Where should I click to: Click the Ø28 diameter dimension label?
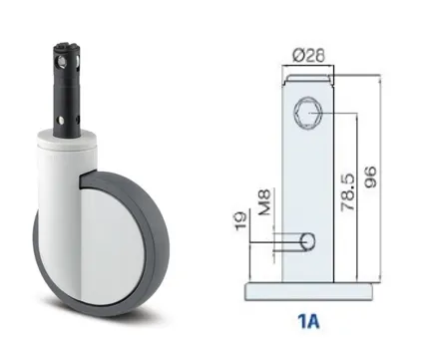pyautogui.click(x=308, y=56)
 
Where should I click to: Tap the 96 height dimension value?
pyautogui.click(x=370, y=178)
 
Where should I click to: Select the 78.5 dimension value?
pyautogui.click(x=348, y=191)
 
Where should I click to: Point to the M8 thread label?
pyautogui.click(x=265, y=201)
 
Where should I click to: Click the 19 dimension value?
pyautogui.click(x=241, y=219)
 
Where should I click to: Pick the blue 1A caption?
pyautogui.click(x=308, y=321)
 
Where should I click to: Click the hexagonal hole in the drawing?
pyautogui.click(x=307, y=113)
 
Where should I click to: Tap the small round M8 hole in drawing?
pyautogui.click(x=308, y=241)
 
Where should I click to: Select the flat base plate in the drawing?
pyautogui.click(x=308, y=292)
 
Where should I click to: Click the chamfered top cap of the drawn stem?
pyautogui.click(x=307, y=79)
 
